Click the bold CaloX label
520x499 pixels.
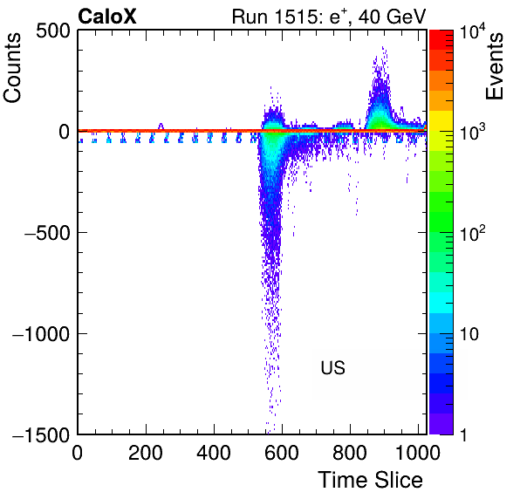[x=107, y=17]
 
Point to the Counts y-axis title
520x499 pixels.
[x=12, y=68]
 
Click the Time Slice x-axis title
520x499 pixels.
[x=371, y=480]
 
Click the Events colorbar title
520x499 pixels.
[x=495, y=65]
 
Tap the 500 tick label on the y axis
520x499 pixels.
[x=53, y=32]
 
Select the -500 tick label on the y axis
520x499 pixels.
[x=47, y=233]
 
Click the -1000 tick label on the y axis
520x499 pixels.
[x=42, y=334]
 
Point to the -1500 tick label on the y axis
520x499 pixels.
[x=42, y=434]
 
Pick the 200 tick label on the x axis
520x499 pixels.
[x=146, y=452]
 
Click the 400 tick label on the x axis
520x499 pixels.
[x=214, y=452]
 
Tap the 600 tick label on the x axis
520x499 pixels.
[x=282, y=452]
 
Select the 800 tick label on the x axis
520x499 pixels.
[x=350, y=452]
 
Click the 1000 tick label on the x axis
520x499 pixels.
[x=418, y=452]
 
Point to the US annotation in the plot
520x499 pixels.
[x=333, y=367]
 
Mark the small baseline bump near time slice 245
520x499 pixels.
[x=161, y=126]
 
